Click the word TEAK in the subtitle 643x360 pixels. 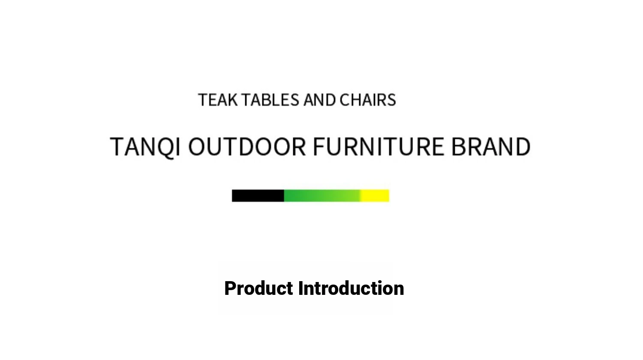click(218, 100)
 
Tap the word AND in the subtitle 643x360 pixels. click(319, 100)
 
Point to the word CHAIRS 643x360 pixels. click(368, 100)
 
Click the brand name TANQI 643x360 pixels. click(145, 147)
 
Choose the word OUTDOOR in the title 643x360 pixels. click(247, 147)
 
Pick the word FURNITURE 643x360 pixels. click(379, 147)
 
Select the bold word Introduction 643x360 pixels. click(351, 288)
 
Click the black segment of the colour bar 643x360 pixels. click(258, 196)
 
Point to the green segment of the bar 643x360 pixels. click(322, 196)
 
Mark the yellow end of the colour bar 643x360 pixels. click(375, 196)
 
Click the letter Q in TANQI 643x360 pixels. click(165, 147)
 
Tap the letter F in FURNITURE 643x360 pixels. click(319, 147)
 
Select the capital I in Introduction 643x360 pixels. click(301, 288)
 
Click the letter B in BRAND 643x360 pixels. click(458, 147)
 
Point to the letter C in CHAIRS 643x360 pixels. click(345, 100)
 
